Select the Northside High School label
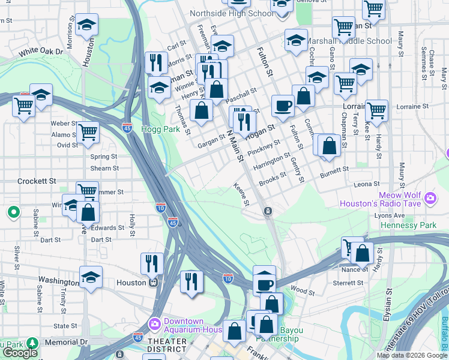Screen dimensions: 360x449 pyautogui.click(x=231, y=13)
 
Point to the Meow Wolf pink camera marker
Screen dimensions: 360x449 pyautogui.click(x=430, y=197)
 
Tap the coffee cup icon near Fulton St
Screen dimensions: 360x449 pyautogui.click(x=283, y=106)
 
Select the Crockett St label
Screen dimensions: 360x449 pyautogui.click(x=37, y=181)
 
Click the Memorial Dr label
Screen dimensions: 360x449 pyautogui.click(x=66, y=342)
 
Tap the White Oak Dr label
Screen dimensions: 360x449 pyautogui.click(x=41, y=52)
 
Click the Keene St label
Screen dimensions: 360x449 pyautogui.click(x=241, y=195)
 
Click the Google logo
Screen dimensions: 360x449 pyautogui.click(x=19, y=353)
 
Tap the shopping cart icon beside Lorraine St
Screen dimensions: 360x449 pyautogui.click(x=376, y=110)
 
